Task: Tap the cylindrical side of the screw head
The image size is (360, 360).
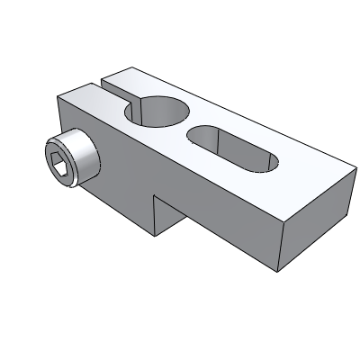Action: pos(83,157)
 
